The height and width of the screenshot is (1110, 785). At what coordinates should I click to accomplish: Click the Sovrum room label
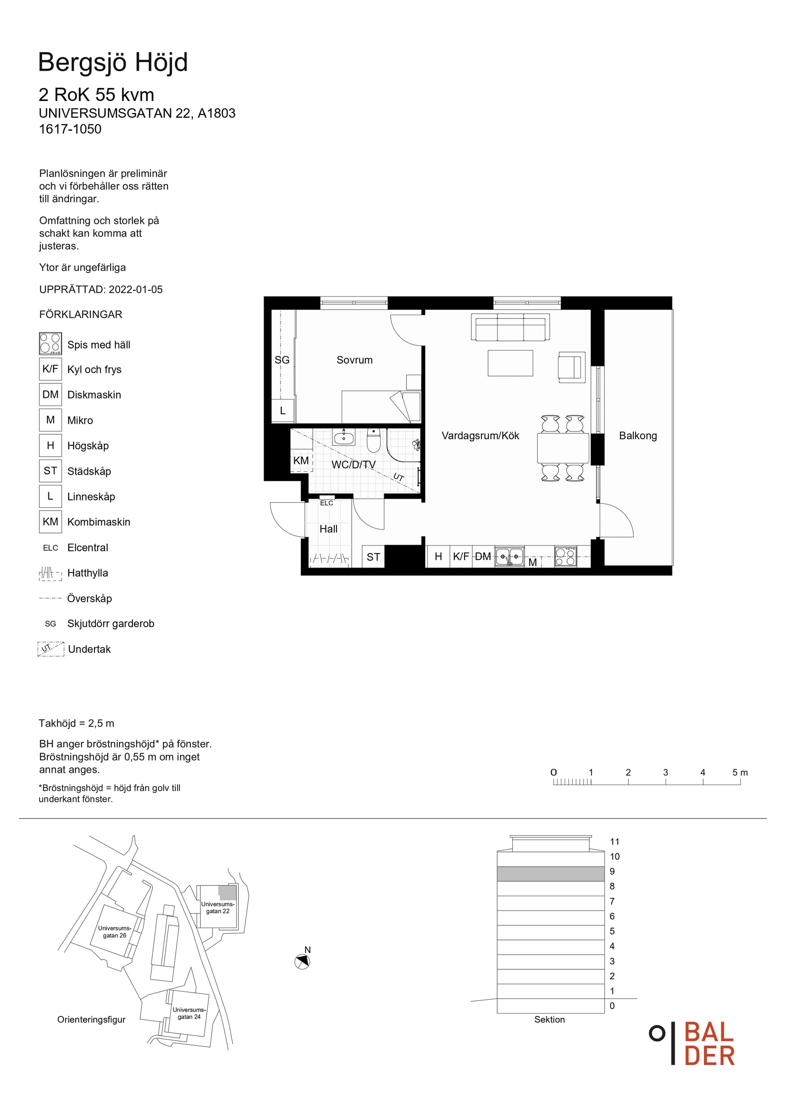tap(354, 360)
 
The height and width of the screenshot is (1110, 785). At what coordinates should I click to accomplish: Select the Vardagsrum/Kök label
tap(480, 435)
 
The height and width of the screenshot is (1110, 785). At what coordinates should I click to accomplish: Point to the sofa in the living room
tap(510, 327)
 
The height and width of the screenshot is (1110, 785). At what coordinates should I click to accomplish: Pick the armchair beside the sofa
tap(571, 367)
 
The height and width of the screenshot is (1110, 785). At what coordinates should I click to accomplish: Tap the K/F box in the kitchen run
tap(461, 556)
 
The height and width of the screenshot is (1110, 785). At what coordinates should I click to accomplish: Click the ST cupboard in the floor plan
tap(373, 556)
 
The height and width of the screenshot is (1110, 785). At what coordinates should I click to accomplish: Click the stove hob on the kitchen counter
tap(565, 556)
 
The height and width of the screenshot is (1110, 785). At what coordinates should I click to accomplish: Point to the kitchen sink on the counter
tap(509, 557)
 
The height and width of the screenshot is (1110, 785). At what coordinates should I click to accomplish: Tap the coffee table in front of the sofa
tap(510, 363)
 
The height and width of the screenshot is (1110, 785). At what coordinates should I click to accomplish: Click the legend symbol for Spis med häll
tap(50, 344)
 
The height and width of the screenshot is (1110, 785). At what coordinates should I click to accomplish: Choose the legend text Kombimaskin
tap(99, 522)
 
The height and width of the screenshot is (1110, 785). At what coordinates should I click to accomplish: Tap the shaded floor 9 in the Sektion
tap(551, 874)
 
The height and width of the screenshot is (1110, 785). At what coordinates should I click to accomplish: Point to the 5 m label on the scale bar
tap(740, 773)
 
